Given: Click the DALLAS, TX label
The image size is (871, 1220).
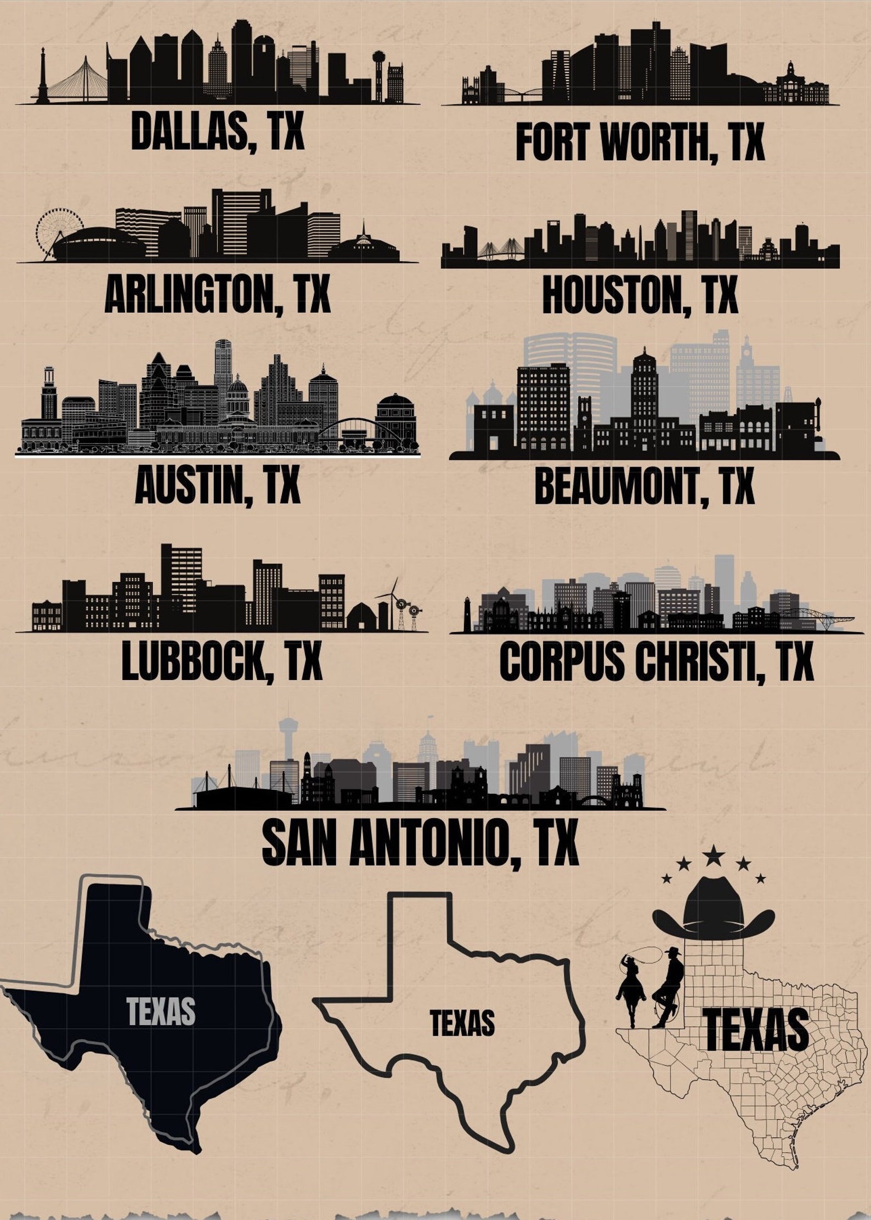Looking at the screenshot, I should [217, 130].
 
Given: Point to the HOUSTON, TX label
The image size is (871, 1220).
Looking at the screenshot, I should [640, 295].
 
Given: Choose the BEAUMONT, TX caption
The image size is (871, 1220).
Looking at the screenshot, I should [644, 487].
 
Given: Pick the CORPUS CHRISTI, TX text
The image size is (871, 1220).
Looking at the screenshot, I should [656, 662].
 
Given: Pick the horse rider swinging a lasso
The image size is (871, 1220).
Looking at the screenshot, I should [631, 985].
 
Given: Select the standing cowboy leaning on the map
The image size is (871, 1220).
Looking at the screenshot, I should [670, 985].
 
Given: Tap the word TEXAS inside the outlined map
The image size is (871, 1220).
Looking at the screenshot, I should [462, 1023].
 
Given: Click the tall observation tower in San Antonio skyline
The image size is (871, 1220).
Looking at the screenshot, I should [286, 741].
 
